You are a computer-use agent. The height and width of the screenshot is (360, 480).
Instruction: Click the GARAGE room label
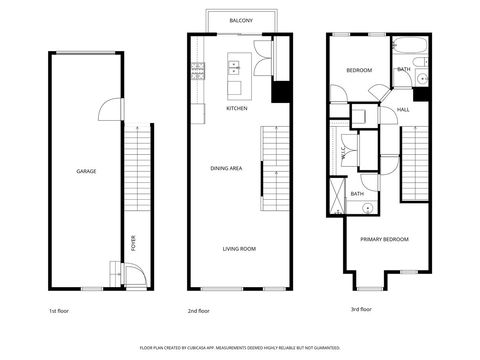pyautogui.click(x=87, y=171)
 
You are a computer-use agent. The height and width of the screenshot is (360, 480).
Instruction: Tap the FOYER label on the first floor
pyautogui.click(x=135, y=242)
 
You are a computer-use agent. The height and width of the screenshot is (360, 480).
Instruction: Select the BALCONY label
pyautogui.click(x=240, y=20)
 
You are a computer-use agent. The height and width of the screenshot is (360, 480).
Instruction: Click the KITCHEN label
pyautogui.click(x=237, y=108)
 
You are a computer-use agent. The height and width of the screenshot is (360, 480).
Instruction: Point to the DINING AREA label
pyautogui.click(x=226, y=168)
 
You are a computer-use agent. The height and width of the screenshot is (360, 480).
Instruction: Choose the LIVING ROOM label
pyautogui.click(x=239, y=248)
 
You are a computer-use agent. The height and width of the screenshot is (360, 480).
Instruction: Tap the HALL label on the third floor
pyautogui.click(x=403, y=109)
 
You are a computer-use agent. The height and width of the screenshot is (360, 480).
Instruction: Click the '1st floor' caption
pyautogui.click(x=60, y=311)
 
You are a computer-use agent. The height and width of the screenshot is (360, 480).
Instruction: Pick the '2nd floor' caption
pyautogui.click(x=198, y=311)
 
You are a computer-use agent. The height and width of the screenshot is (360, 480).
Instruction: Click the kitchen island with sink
pyautogui.click(x=236, y=68)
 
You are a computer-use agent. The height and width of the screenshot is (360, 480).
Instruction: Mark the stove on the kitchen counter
pyautogui.click(x=197, y=70)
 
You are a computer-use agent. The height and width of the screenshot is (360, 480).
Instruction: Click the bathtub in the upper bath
pyautogui.click(x=410, y=46)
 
